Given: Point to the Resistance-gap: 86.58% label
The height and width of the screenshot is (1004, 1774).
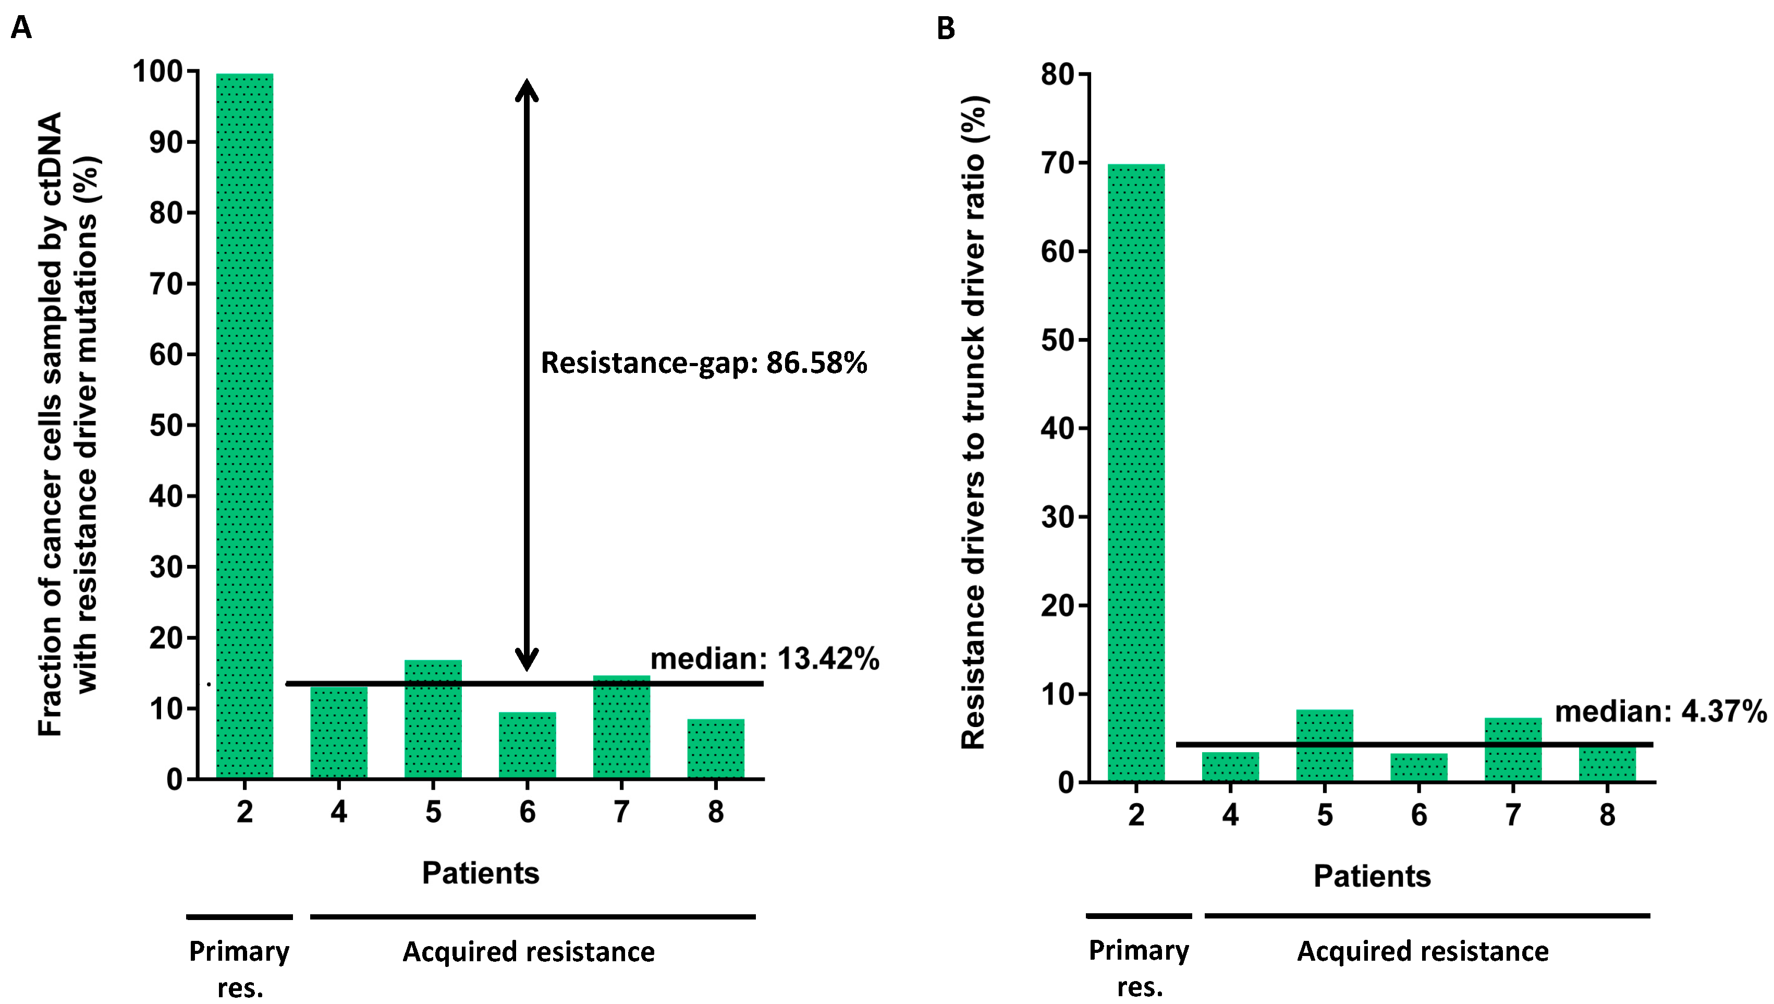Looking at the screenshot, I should (703, 362).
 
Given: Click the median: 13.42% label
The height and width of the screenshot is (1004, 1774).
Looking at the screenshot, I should (764, 659).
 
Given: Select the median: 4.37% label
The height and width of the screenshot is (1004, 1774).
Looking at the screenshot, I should (1660, 711).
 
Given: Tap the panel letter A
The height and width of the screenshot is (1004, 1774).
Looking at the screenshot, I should (21, 28).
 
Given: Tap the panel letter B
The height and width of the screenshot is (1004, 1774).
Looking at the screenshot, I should (946, 28).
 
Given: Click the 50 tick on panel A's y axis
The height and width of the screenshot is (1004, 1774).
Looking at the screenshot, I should (167, 426).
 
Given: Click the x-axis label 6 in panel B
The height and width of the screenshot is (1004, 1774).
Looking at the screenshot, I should (1418, 815).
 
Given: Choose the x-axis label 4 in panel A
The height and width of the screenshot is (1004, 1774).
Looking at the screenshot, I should (338, 812).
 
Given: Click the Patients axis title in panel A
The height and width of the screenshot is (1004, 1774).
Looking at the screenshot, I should (480, 873).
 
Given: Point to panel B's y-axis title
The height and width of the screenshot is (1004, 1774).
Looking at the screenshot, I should (974, 422).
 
